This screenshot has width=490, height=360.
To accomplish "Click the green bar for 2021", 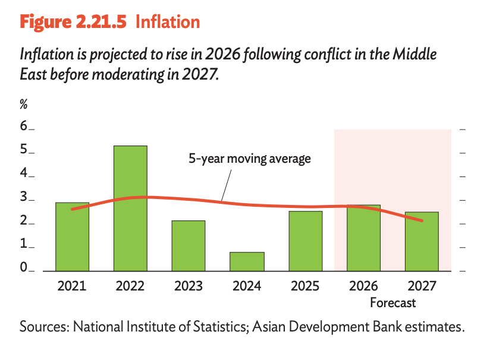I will point(72,236).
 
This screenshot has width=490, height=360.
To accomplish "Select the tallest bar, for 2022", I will point(130,208).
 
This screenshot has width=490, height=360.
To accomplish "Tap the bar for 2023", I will point(189,246).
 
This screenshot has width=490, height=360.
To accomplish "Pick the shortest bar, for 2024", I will point(247,261).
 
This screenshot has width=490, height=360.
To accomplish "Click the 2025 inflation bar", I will point(305,241).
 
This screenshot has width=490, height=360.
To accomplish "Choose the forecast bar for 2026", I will point(363,238).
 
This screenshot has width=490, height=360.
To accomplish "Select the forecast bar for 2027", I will point(422,241).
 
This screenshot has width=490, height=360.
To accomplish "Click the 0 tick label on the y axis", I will point(24,269).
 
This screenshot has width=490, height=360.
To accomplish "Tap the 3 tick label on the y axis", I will point(24,198).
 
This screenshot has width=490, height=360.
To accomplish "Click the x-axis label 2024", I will point(247,286).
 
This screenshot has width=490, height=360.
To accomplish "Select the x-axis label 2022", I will point(130,286).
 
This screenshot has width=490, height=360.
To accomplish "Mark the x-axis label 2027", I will point(422,286).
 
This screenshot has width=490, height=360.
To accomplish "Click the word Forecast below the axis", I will point(392,303).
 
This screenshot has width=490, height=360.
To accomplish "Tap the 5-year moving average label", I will point(250,159).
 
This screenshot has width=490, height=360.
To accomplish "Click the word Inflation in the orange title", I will point(168,22).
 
